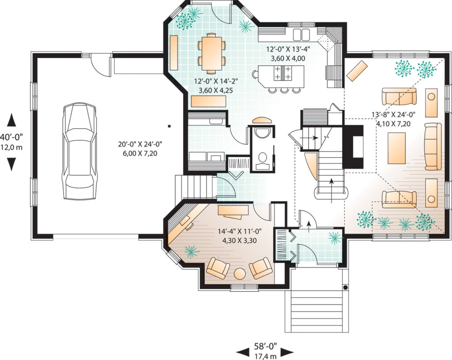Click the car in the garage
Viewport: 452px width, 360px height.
[79, 151]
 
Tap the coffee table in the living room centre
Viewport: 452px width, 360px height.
[396, 148]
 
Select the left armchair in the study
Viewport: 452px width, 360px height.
[218, 269]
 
